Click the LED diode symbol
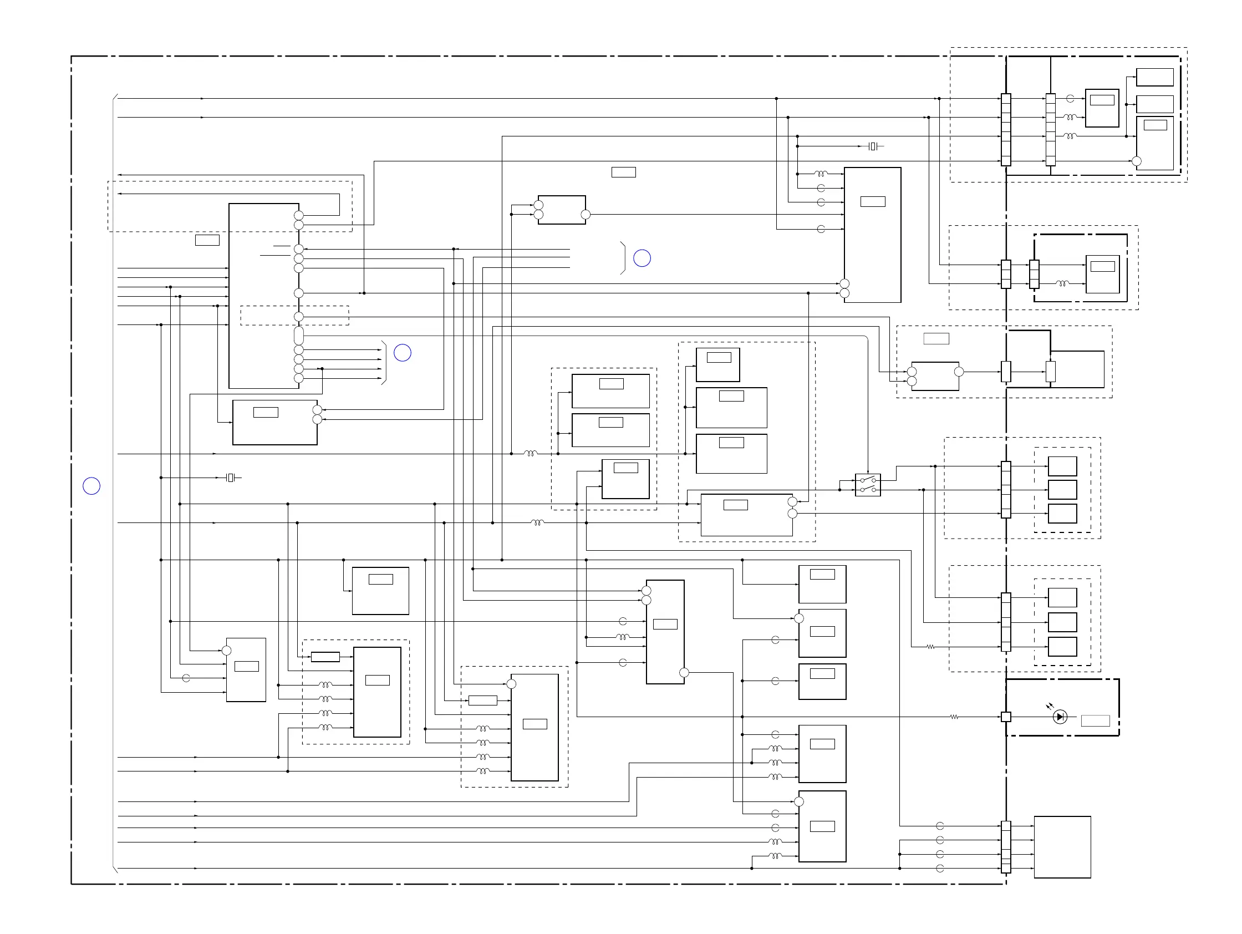(1060, 717)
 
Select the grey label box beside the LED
(1095, 720)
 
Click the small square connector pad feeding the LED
(1006, 717)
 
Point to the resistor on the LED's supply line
(954, 717)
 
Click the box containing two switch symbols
(868, 485)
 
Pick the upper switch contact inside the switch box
(868, 480)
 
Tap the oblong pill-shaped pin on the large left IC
(299, 336)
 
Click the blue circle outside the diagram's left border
(91, 486)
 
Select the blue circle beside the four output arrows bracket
(403, 353)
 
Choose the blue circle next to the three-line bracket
(642, 258)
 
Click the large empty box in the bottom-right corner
(1062, 847)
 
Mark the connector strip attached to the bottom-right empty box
(1006, 847)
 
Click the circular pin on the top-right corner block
(1137, 161)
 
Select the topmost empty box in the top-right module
(1154, 77)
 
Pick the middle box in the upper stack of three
(1062, 490)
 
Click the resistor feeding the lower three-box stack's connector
(930, 647)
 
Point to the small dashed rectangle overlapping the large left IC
(294, 316)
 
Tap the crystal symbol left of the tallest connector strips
(872, 146)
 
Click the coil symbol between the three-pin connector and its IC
(1062, 283)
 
